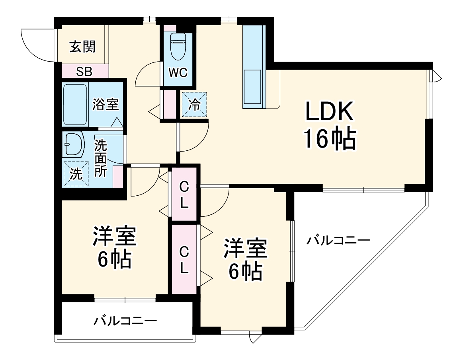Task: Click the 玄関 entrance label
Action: click(82, 47)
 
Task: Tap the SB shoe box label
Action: click(84, 72)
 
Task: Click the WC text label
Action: click(178, 73)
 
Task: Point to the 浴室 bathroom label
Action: click(105, 105)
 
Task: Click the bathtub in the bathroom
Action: click(75, 104)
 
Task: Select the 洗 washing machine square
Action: click(75, 174)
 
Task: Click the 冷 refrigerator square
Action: click(195, 105)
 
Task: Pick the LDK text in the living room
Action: click(329, 112)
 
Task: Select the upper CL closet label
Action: click(184, 194)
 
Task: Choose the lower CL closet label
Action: click(184, 259)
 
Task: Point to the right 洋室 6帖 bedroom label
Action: click(244, 260)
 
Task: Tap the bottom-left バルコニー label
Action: click(125, 320)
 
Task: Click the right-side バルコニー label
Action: click(338, 240)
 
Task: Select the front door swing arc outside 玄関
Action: click(32, 44)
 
